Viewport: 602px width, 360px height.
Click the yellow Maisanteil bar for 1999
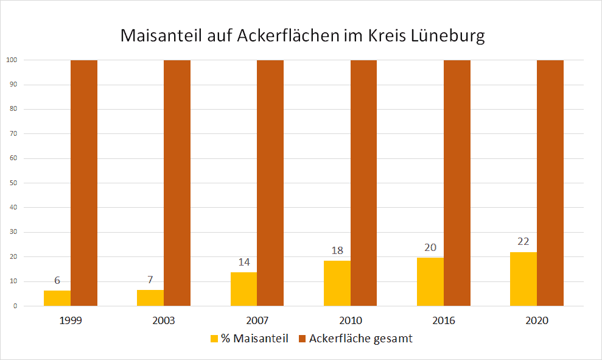tap(57, 298)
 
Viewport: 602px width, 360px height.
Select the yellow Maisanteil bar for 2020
tap(523, 279)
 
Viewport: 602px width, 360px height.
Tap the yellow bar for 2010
tap(337, 283)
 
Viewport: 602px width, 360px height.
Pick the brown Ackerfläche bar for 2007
tap(270, 183)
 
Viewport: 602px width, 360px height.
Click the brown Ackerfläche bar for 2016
tap(457, 183)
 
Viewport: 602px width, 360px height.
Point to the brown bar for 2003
tap(177, 183)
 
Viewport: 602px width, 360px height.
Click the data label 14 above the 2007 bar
tap(244, 262)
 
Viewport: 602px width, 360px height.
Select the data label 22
tap(523, 242)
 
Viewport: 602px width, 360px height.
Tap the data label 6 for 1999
tap(57, 281)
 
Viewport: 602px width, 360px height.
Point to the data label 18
tap(337, 250)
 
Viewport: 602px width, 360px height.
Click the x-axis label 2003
tap(164, 320)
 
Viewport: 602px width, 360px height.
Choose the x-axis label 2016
tap(444, 320)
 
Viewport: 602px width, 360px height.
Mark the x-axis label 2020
tap(537, 320)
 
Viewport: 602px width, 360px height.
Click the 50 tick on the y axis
tap(12, 183)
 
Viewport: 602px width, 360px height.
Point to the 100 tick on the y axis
tap(12, 60)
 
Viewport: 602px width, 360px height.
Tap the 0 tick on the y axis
tap(14, 306)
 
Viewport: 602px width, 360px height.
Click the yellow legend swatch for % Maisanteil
tap(214, 339)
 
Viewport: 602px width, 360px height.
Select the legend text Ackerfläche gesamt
tap(360, 339)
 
